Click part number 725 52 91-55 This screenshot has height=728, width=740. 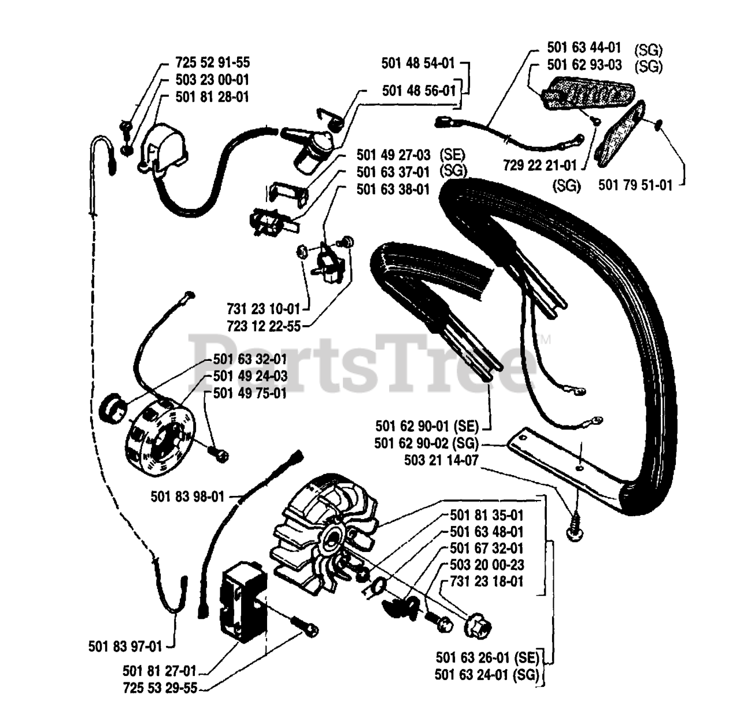(212, 62)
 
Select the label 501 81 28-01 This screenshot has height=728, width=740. (212, 97)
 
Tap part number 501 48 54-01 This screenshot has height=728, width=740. (418, 63)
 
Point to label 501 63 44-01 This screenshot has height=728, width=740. (584, 47)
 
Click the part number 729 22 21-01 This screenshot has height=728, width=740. (540, 166)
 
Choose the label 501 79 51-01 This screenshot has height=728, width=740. (635, 185)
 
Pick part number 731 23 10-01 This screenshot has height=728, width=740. (264, 309)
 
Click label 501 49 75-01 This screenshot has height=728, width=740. (250, 394)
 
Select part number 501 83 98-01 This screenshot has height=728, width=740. (187, 497)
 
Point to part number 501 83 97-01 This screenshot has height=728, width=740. (125, 646)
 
